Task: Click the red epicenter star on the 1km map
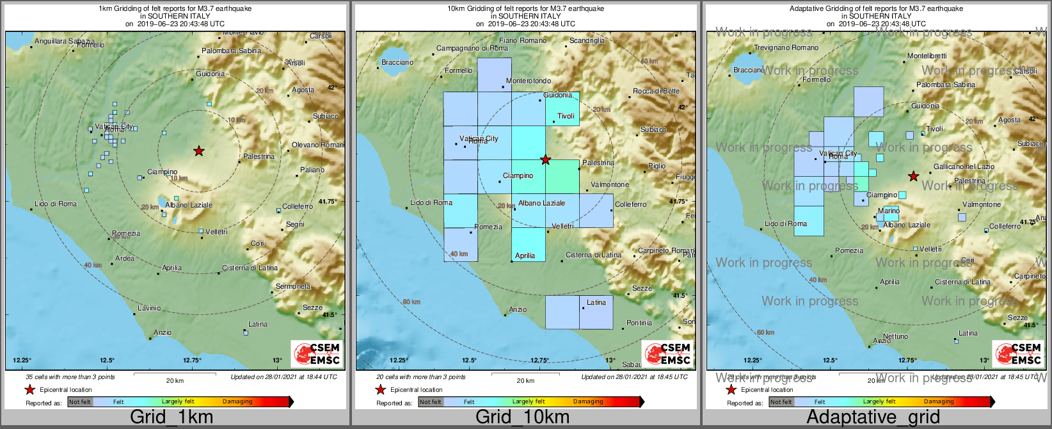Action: point(199,151)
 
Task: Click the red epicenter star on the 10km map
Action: point(545,160)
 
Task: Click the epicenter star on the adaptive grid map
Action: point(914,176)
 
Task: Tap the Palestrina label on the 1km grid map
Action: point(259,157)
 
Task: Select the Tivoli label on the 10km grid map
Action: point(566,117)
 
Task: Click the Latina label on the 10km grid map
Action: point(596,303)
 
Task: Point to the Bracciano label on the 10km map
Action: point(397,63)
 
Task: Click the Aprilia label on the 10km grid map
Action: point(525,256)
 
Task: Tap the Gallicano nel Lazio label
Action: point(964,166)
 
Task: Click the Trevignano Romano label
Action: point(786,48)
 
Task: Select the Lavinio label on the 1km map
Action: point(149,309)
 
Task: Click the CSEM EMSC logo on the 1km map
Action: point(317,354)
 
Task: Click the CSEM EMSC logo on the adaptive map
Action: point(1018,354)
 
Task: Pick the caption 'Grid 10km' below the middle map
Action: point(522,417)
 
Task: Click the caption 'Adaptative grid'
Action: point(873,417)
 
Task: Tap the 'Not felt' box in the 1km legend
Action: point(80,402)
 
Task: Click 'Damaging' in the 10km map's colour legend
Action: point(588,402)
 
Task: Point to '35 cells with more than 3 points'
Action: point(70,377)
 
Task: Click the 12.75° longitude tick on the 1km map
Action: point(193,360)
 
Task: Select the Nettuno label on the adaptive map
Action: point(895,337)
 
